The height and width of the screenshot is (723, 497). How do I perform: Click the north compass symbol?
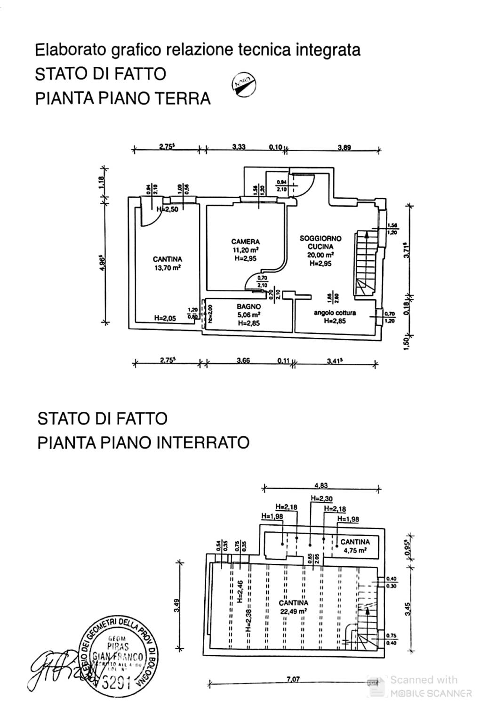coord(244,85)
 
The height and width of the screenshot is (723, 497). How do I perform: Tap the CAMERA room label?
coord(245,242)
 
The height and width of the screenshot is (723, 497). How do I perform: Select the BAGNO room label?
coord(248,307)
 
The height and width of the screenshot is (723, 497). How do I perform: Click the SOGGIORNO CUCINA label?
coord(321,242)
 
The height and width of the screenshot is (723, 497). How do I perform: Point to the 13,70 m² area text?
coord(167,268)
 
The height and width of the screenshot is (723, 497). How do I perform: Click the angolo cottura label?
coord(335,313)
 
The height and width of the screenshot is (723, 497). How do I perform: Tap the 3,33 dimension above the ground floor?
coord(239,147)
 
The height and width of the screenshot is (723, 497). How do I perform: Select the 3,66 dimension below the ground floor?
coord(243,361)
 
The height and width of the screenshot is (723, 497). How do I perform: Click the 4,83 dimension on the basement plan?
coord(321,486)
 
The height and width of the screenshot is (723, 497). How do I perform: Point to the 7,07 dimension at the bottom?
coord(293,679)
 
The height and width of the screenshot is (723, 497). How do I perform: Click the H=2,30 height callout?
coord(321,498)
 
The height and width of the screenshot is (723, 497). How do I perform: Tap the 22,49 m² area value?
coord(293,611)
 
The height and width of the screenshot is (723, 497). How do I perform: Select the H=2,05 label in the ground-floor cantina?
coord(165,318)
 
